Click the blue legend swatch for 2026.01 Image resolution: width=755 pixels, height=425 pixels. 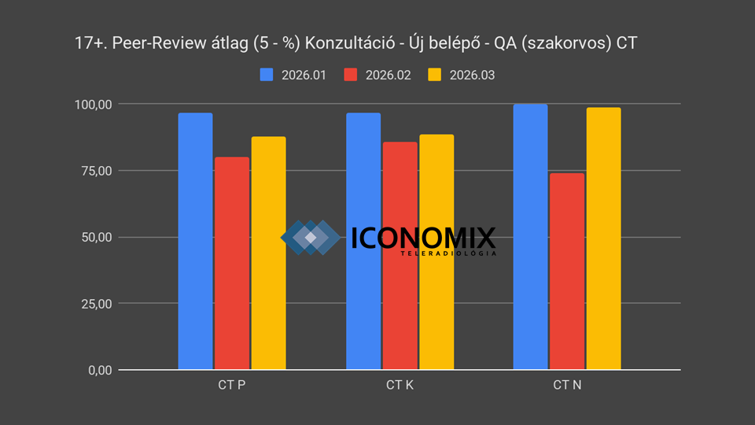[x=267, y=75]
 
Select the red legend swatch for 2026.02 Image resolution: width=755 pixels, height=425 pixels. [x=351, y=75]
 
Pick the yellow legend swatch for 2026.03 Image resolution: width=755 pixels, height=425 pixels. [x=435, y=75]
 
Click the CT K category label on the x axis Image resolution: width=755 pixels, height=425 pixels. [x=400, y=386]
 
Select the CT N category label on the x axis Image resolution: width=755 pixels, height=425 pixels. [x=567, y=386]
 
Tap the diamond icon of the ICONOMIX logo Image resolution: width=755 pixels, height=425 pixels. [x=311, y=238]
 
